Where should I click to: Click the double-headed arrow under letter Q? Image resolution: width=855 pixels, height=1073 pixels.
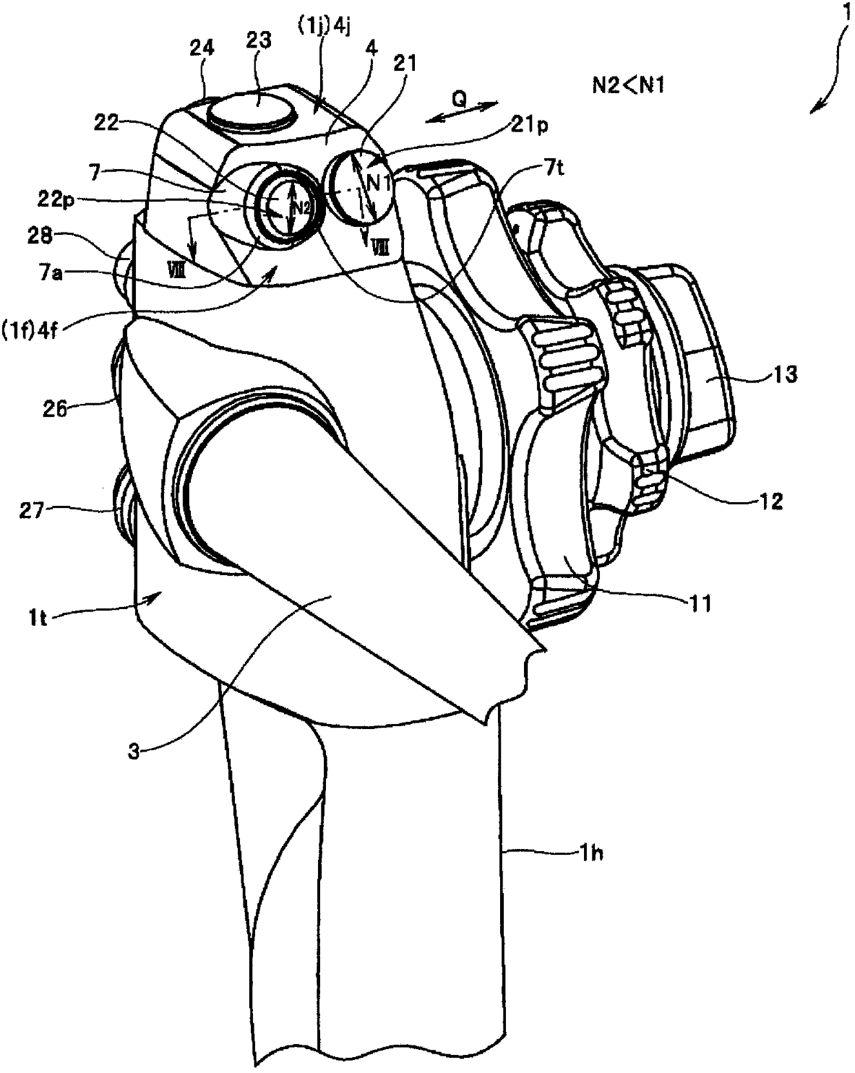click(x=461, y=113)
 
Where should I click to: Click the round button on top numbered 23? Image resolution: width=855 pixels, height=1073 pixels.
click(x=251, y=108)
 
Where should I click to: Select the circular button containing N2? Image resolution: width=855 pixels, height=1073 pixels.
click(x=284, y=207)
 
